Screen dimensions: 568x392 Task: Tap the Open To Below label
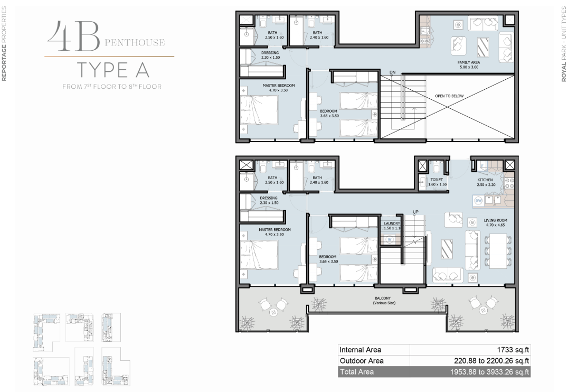[x=449, y=96]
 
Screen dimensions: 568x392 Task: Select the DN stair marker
[x=393, y=72]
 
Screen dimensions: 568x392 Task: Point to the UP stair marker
[x=415, y=212]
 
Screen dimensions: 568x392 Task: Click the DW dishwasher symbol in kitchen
[x=479, y=201]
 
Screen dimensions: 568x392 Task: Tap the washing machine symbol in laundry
[x=390, y=239]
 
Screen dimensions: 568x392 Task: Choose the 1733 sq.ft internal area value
[x=513, y=350]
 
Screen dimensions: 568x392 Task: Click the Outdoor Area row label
[x=362, y=361]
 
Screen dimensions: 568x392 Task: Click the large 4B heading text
[x=73, y=36]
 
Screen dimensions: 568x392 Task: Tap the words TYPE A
[x=113, y=70]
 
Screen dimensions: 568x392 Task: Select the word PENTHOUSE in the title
[x=135, y=43]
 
